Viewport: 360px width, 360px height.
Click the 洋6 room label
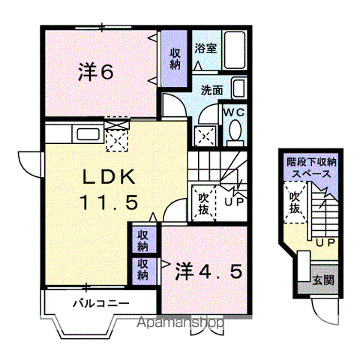96,71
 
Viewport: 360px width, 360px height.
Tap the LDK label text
109,177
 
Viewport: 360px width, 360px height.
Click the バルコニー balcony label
101,304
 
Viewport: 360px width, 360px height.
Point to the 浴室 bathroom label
205,48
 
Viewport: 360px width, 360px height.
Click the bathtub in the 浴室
234,49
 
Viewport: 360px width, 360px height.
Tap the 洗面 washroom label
212,90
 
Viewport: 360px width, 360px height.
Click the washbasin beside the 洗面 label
239,88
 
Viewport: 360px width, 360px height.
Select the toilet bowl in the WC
235,130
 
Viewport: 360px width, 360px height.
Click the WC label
234,112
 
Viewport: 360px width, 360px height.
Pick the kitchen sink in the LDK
88,134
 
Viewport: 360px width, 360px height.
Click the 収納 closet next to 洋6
175,58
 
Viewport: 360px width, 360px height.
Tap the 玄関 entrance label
323,280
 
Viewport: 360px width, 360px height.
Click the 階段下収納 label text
311,163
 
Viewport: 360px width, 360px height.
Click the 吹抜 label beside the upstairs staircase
203,205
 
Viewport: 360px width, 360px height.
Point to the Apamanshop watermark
180,322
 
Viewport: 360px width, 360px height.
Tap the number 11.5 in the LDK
109,202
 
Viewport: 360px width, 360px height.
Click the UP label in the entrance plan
325,242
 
